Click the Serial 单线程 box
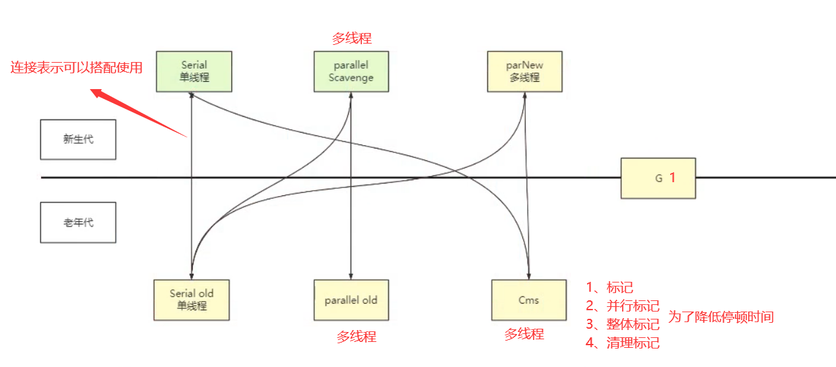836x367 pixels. [193, 71]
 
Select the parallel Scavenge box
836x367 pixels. [351, 71]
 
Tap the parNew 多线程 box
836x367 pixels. [524, 71]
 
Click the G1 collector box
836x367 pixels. [658, 178]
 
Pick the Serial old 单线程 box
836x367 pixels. [192, 300]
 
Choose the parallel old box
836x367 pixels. [351, 300]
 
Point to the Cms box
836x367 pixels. [528, 300]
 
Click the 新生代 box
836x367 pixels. [78, 139]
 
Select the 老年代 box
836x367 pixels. [78, 222]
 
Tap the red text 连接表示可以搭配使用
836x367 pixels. [77, 67]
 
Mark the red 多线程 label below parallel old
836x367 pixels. [357, 337]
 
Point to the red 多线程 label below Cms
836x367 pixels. [524, 334]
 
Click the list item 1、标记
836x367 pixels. [610, 287]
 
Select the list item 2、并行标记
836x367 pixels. [622, 306]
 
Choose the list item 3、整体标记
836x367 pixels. [622, 324]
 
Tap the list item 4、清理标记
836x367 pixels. [622, 343]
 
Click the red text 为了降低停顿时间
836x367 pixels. [720, 317]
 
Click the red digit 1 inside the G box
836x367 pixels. [672, 178]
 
